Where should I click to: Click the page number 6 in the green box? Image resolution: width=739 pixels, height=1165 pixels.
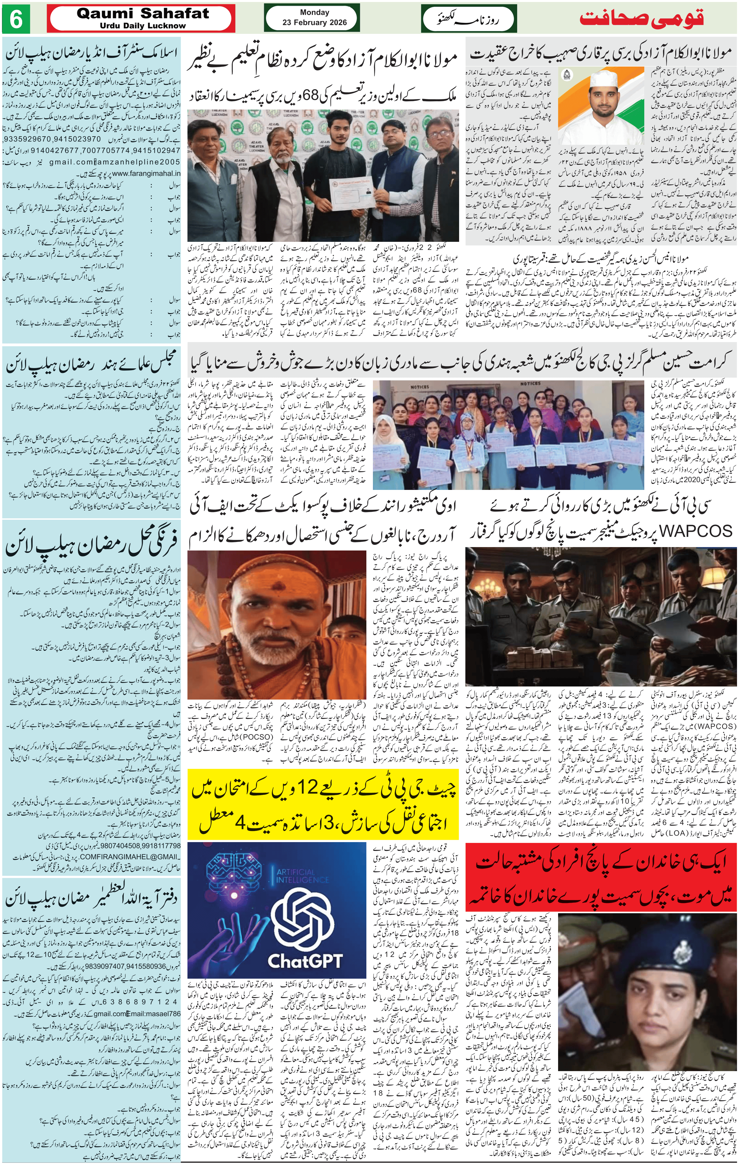(x=16, y=20)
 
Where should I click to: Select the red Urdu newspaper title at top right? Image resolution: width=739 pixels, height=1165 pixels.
(x=641, y=19)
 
